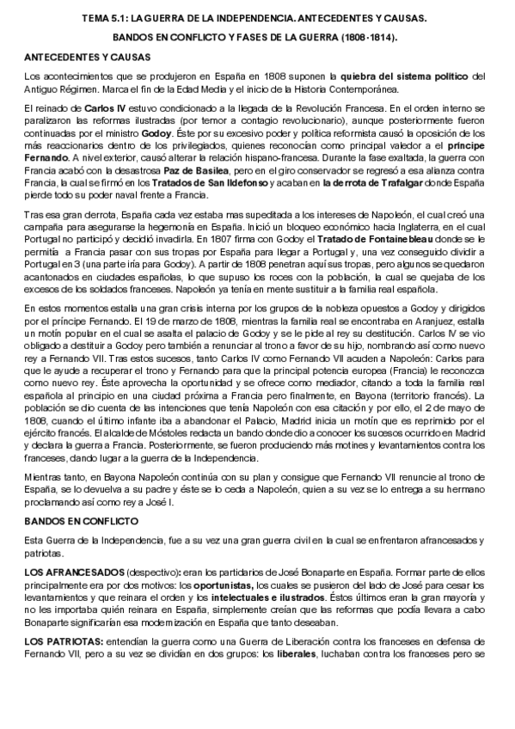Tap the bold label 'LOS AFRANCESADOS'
(74, 573)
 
